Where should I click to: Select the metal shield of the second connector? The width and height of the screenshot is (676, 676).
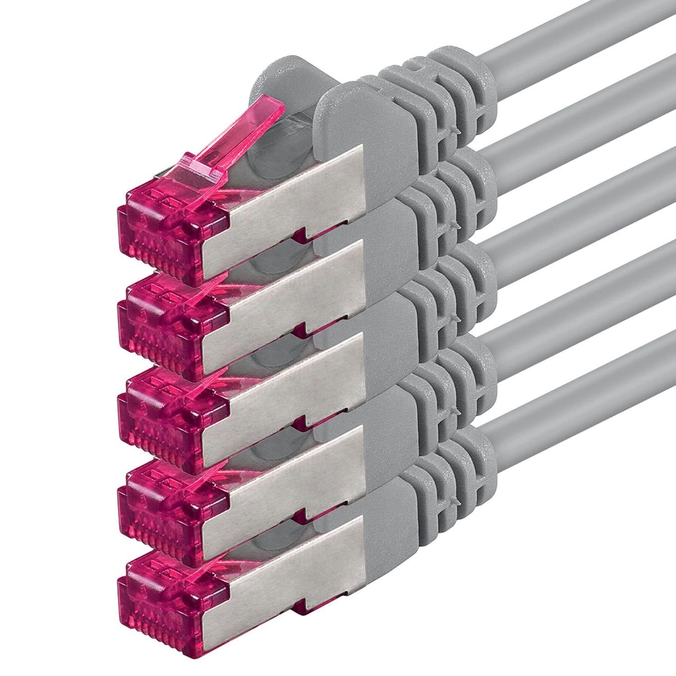(x=288, y=293)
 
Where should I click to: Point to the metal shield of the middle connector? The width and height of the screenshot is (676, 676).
(x=288, y=388)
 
